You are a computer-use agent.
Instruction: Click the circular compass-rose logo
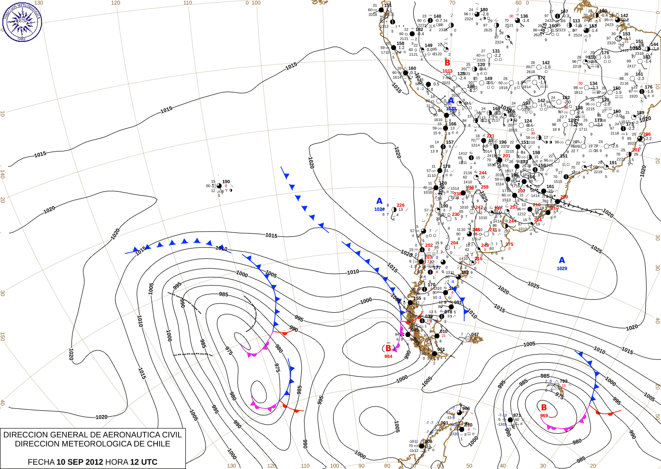tap(22, 21)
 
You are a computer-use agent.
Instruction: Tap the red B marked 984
tap(388, 348)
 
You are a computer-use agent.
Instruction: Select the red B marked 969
tap(544, 408)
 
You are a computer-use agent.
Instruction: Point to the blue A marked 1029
tap(562, 260)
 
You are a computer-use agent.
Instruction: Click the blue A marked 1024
tap(379, 201)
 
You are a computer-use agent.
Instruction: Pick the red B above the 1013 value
tap(447, 62)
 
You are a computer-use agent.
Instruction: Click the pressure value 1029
tap(562, 268)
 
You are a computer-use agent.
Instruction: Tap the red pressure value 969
tap(544, 416)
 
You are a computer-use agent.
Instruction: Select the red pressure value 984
tap(388, 356)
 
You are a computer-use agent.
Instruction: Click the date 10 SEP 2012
tap(80, 462)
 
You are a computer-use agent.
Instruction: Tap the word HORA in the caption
tap(117, 462)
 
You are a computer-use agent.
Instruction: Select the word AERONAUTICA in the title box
tap(127, 435)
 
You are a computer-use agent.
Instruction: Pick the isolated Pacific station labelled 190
tap(219, 186)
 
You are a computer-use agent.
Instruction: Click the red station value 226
tap(400, 205)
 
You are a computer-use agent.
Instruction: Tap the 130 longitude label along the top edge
tap(39, 3)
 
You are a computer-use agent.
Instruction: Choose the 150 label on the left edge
tap(3, 336)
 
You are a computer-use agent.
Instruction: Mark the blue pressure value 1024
tap(379, 209)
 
